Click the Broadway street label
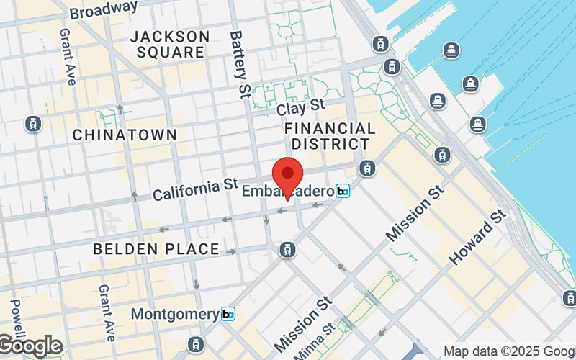pyautogui.click(x=104, y=9)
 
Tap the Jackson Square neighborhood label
pyautogui.click(x=171, y=44)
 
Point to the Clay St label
pyautogui.click(x=301, y=108)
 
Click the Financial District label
pyautogui.click(x=330, y=136)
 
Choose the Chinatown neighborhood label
pyautogui.click(x=125, y=135)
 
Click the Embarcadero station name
pyautogui.click(x=288, y=192)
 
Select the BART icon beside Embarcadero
pyautogui.click(x=343, y=191)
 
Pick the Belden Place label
pyautogui.click(x=156, y=249)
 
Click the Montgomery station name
pyautogui.click(x=175, y=315)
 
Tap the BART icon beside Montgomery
pyautogui.click(x=228, y=314)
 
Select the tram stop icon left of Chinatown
pyautogui.click(x=32, y=124)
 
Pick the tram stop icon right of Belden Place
pyautogui.click(x=287, y=250)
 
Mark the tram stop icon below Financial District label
pyautogui.click(x=367, y=168)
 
